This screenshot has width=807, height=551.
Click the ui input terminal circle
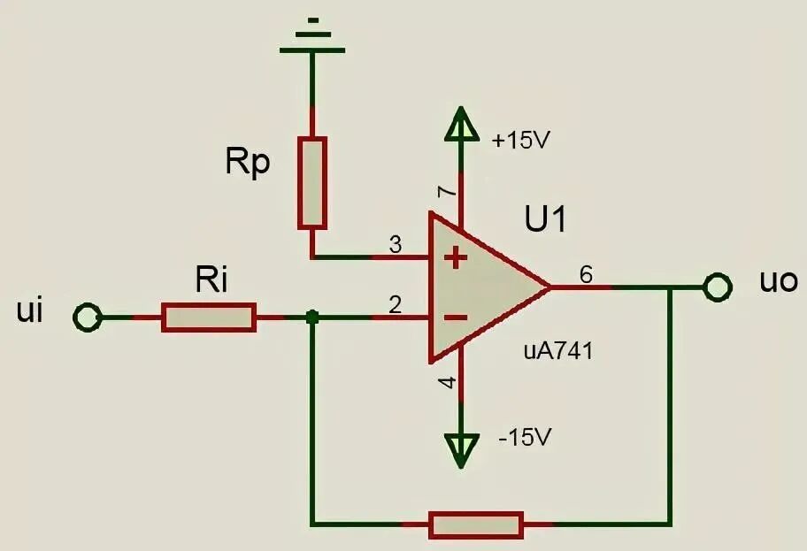click(x=87, y=317)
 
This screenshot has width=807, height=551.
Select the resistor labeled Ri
click(x=209, y=318)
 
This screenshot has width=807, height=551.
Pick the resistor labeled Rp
click(x=311, y=183)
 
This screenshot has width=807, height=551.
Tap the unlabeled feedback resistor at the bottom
click(x=476, y=524)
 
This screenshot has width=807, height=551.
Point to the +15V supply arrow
click(x=461, y=124)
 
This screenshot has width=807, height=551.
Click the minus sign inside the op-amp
click(x=456, y=318)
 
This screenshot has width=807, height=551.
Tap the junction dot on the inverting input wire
click(x=311, y=318)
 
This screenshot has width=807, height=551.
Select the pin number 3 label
click(x=396, y=245)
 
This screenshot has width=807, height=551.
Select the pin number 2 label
click(x=396, y=305)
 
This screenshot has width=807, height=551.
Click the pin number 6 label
click(x=586, y=275)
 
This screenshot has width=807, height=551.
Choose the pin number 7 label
click(x=447, y=192)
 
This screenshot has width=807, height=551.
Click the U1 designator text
click(x=546, y=219)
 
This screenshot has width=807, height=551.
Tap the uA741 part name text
click(x=558, y=351)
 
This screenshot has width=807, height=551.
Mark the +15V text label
click(x=521, y=140)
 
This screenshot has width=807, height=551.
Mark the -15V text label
click(x=525, y=438)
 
